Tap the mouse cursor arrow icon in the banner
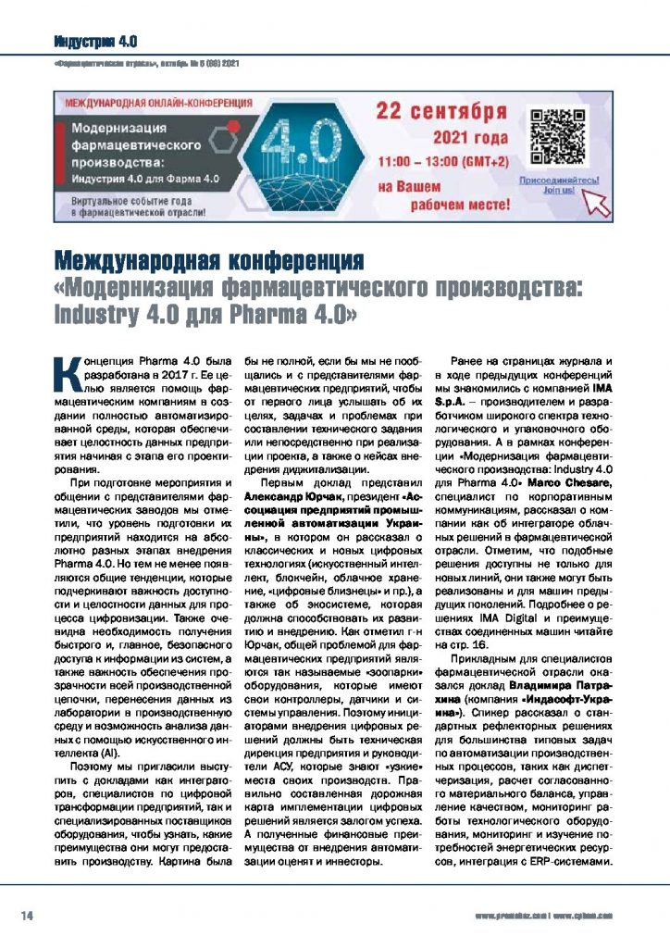[x=598, y=202]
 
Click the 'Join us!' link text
[x=558, y=190]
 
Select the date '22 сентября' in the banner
[x=441, y=112]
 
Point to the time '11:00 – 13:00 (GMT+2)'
[x=441, y=161]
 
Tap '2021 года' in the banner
[x=471, y=139]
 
